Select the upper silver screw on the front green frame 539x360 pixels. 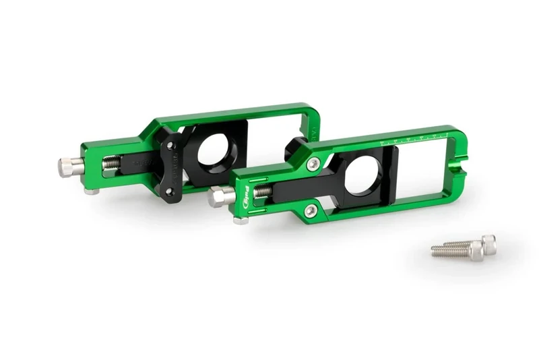pos(313,163)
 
